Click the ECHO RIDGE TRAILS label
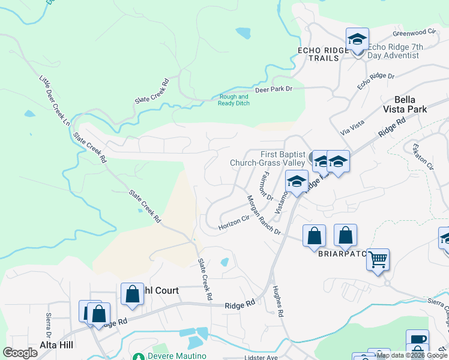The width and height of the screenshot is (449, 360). [x=323, y=54]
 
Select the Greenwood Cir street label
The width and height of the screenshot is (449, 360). [x=414, y=32]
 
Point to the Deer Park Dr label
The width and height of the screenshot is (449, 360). [x=273, y=89]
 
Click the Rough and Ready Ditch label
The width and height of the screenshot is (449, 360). [x=234, y=100]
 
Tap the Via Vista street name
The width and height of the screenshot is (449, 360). [x=352, y=126]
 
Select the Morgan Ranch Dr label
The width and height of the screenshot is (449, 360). [x=264, y=214]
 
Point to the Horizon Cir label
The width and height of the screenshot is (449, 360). [x=234, y=221]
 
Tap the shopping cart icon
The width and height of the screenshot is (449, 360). [x=378, y=260]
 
